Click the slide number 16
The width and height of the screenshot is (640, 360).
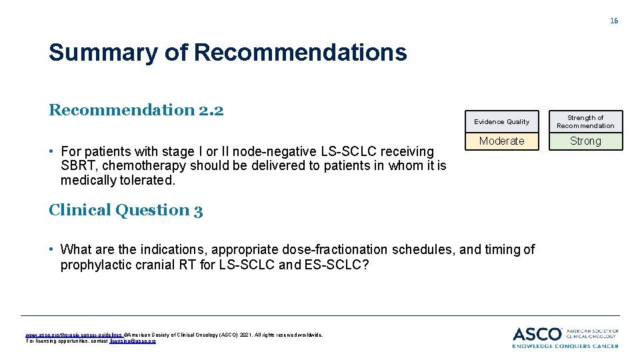pos(614,21)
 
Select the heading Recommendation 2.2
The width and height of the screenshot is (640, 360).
pos(136,110)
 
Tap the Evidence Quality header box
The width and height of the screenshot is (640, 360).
pos(501,121)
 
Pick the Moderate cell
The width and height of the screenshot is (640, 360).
pos(501,141)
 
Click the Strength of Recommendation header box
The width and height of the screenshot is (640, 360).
pos(585,121)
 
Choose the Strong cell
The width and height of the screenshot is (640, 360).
pos(585,141)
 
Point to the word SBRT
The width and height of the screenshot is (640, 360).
pos(76,166)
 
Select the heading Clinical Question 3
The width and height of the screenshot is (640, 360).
pos(125,210)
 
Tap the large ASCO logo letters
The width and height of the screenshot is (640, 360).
pos(537,334)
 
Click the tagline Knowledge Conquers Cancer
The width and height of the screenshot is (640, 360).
pos(565,346)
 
